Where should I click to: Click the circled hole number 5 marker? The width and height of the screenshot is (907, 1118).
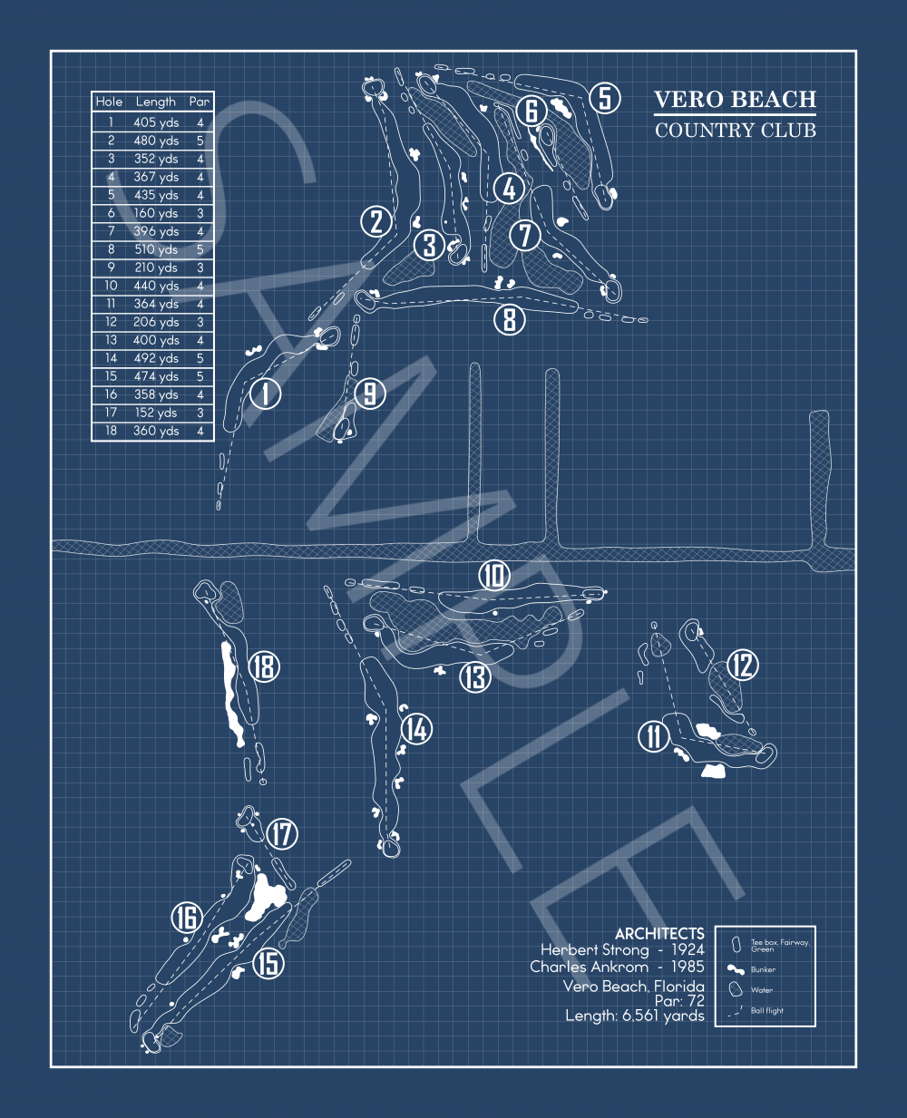click(x=605, y=98)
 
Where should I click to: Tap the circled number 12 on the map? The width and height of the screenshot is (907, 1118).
click(x=743, y=666)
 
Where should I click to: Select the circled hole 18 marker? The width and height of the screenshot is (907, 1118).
click(x=264, y=667)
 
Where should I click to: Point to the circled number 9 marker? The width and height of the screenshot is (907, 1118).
click(x=370, y=394)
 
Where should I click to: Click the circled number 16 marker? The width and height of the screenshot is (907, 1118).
click(x=187, y=918)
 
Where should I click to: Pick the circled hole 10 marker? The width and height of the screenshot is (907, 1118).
click(x=494, y=576)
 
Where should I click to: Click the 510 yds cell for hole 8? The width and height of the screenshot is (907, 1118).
click(x=156, y=249)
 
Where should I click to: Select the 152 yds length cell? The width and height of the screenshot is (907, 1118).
click(x=156, y=413)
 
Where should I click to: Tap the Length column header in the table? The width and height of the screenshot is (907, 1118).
click(x=156, y=102)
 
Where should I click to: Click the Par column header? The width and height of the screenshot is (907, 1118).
click(x=200, y=102)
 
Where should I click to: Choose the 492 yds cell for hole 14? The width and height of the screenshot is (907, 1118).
click(x=156, y=358)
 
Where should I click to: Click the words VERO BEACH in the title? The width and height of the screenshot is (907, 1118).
click(x=735, y=100)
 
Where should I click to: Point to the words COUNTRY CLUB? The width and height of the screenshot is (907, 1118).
click(x=735, y=130)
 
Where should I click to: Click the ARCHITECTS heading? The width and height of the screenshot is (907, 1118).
click(x=659, y=933)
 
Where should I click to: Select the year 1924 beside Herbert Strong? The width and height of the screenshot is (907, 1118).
click(x=688, y=949)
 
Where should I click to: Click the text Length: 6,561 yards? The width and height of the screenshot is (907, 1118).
click(x=635, y=1016)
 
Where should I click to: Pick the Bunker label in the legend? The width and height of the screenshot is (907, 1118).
click(x=763, y=969)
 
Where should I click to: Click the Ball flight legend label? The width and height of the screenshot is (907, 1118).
click(x=767, y=1010)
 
